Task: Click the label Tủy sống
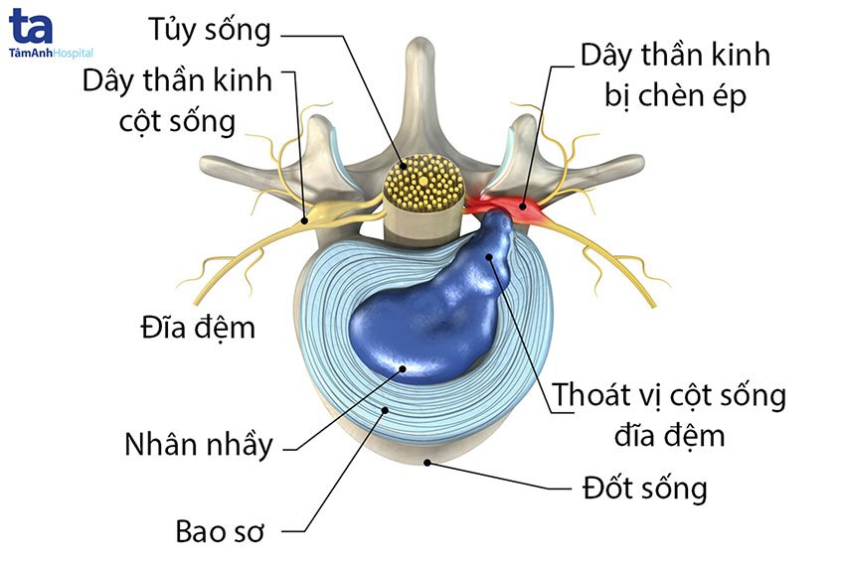click(x=210, y=31)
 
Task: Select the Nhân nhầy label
click(x=199, y=445)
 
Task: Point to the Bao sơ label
click(x=220, y=531)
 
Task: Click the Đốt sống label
click(x=645, y=489)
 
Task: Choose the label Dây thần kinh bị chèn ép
click(x=676, y=75)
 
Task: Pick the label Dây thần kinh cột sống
click(x=177, y=102)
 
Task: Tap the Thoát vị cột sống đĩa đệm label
click(x=669, y=415)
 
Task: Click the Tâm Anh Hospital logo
click(x=51, y=33)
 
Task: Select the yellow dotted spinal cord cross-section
click(x=424, y=183)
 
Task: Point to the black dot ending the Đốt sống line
click(x=427, y=462)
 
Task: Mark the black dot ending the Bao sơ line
click(x=385, y=410)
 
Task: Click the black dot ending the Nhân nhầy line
click(x=403, y=368)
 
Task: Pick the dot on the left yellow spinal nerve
click(x=304, y=219)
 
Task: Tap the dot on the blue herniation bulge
click(x=489, y=256)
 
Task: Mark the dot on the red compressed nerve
click(x=523, y=206)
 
